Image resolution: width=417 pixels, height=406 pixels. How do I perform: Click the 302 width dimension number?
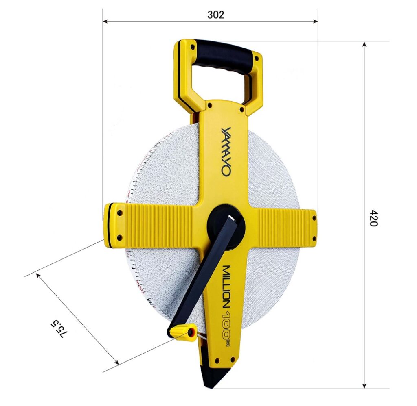pos(216,15)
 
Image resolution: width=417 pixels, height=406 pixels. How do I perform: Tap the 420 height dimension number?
pos(374,218)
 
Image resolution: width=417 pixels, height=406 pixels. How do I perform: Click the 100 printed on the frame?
pos(226,322)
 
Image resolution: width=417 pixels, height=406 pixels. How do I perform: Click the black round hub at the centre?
pos(226,226)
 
